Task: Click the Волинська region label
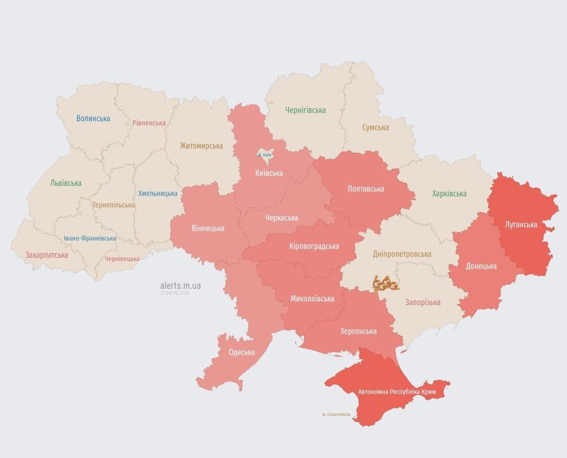tap(93, 119)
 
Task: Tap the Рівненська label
tap(149, 123)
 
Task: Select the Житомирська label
tap(202, 146)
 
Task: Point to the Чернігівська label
tap(305, 110)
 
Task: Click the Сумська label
tap(376, 128)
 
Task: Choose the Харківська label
tap(450, 194)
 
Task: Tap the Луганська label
tap(520, 225)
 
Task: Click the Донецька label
tap(481, 266)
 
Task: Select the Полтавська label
tap(365, 189)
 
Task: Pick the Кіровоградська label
tap(314, 246)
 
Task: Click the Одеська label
tap(241, 352)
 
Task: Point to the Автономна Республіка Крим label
tap(396, 392)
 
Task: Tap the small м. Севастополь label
tap(336, 414)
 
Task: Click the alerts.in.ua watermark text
tap(181, 286)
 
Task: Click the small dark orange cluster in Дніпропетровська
tap(386, 284)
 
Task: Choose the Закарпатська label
tap(47, 255)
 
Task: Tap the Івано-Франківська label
tap(90, 239)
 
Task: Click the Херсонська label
tap(358, 331)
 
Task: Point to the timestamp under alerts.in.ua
tap(175, 293)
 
